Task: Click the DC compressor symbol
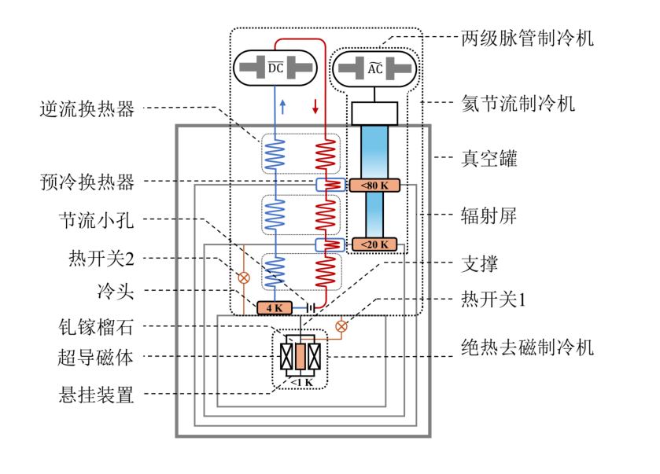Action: pos(275,68)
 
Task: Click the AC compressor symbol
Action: pos(374,69)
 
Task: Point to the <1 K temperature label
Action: pos(302,382)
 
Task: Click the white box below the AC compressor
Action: pos(374,112)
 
